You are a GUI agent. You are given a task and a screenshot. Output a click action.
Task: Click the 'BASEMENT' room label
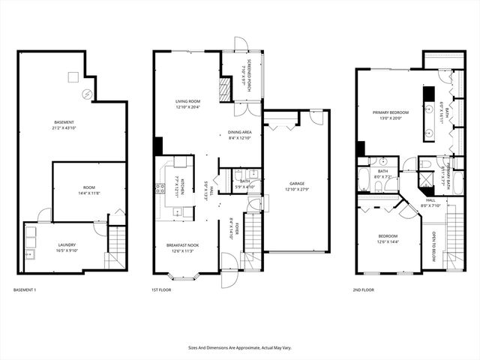click(x=64, y=122)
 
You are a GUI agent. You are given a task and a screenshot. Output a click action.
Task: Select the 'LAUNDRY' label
click(x=67, y=244)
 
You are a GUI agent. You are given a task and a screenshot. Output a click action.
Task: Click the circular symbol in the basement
click(x=87, y=94)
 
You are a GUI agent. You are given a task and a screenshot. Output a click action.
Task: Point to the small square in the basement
click(x=73, y=76)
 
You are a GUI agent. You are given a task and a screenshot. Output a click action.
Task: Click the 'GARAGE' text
click(x=298, y=183)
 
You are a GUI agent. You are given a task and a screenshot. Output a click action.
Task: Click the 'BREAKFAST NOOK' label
click(x=182, y=245)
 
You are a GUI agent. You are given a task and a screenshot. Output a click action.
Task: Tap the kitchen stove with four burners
click(x=160, y=187)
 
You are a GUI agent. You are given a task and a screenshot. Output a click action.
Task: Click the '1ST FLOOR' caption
click(x=163, y=289)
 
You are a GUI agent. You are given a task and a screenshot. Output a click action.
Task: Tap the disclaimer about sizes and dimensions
click(x=239, y=347)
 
